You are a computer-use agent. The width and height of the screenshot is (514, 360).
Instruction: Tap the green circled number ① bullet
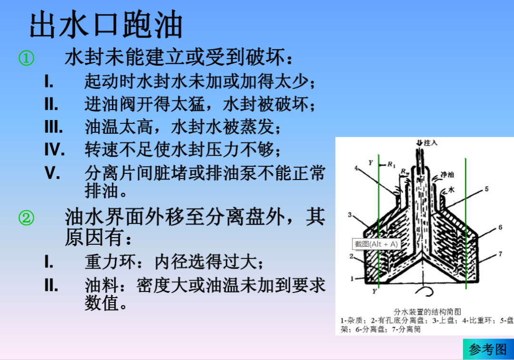(27, 59)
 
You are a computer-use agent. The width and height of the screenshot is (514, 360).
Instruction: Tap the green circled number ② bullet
(27, 218)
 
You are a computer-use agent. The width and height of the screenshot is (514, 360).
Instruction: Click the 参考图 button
(488, 349)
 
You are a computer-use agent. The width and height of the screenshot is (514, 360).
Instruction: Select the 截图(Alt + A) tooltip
(376, 244)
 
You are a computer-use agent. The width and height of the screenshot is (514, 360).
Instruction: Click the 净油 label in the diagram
(447, 174)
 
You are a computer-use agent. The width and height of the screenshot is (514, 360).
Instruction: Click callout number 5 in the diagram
(486, 189)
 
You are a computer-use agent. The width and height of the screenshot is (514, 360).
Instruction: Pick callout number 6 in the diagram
(500, 228)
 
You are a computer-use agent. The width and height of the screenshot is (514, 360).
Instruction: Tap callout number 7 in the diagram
(500, 254)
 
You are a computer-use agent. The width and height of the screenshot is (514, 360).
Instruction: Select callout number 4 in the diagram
(356, 168)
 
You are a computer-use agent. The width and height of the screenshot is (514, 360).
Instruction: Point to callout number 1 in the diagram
(352, 278)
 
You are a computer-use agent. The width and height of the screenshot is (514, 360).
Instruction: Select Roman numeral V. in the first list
(52, 173)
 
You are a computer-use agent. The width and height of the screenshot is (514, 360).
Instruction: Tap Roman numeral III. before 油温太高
(53, 127)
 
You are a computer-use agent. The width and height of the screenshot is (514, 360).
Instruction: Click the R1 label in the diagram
(391, 164)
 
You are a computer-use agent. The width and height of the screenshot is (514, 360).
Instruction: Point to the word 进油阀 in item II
(110, 104)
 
